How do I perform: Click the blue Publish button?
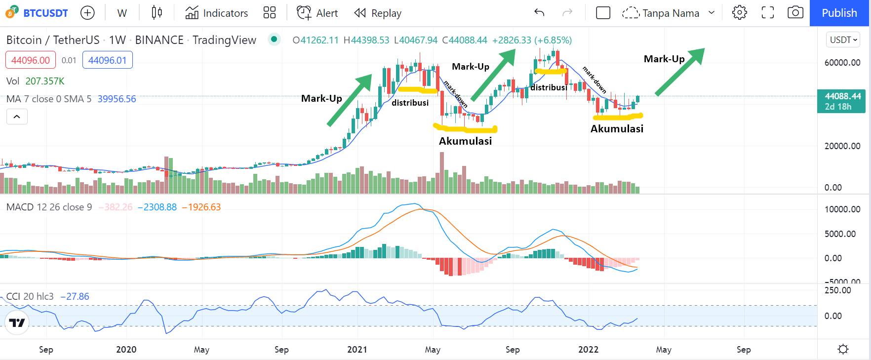click(x=839, y=13)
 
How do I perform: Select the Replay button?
click(x=378, y=13)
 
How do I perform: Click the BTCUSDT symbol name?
click(x=45, y=13)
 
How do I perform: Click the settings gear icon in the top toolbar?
click(x=739, y=13)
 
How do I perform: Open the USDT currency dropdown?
click(x=843, y=40)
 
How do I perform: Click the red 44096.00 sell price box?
click(x=30, y=60)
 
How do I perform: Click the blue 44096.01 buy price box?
click(x=107, y=60)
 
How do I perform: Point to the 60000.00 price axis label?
click(x=842, y=63)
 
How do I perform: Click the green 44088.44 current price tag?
click(x=842, y=96)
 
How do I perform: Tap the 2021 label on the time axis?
click(x=357, y=350)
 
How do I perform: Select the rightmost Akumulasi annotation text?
click(x=617, y=129)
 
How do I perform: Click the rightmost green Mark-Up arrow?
click(x=679, y=71)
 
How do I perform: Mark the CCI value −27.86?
click(x=75, y=296)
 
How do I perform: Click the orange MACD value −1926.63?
click(x=201, y=207)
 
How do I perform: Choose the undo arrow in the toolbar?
click(x=539, y=13)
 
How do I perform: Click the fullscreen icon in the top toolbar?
click(x=767, y=13)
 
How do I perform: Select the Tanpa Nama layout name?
click(x=671, y=13)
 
